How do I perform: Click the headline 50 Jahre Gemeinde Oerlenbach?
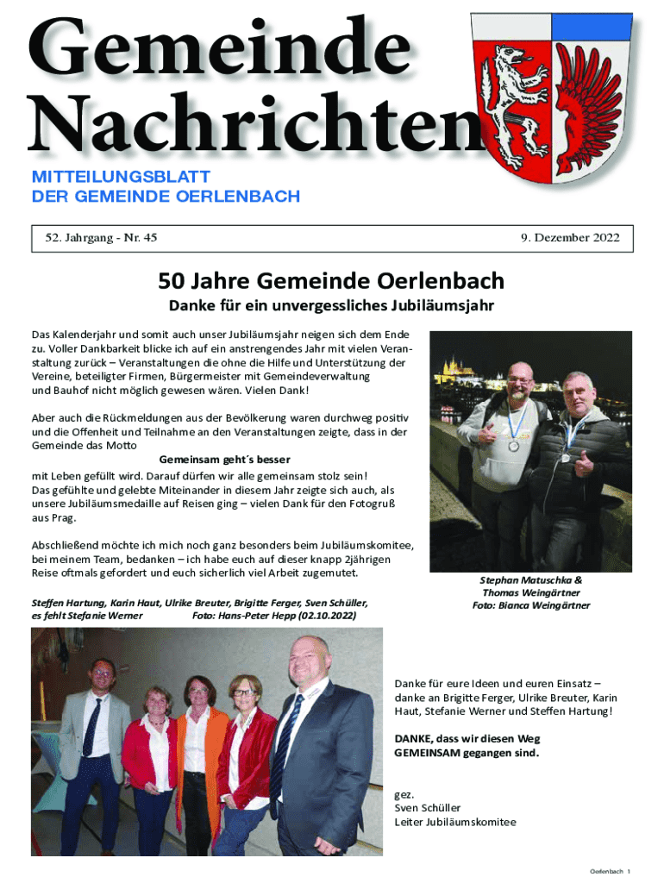click(x=331, y=281)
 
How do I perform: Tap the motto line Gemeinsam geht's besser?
click(x=225, y=460)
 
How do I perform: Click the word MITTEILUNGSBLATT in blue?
click(x=121, y=177)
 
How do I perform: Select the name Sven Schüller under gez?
click(x=428, y=808)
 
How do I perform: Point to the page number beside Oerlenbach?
click(x=630, y=872)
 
